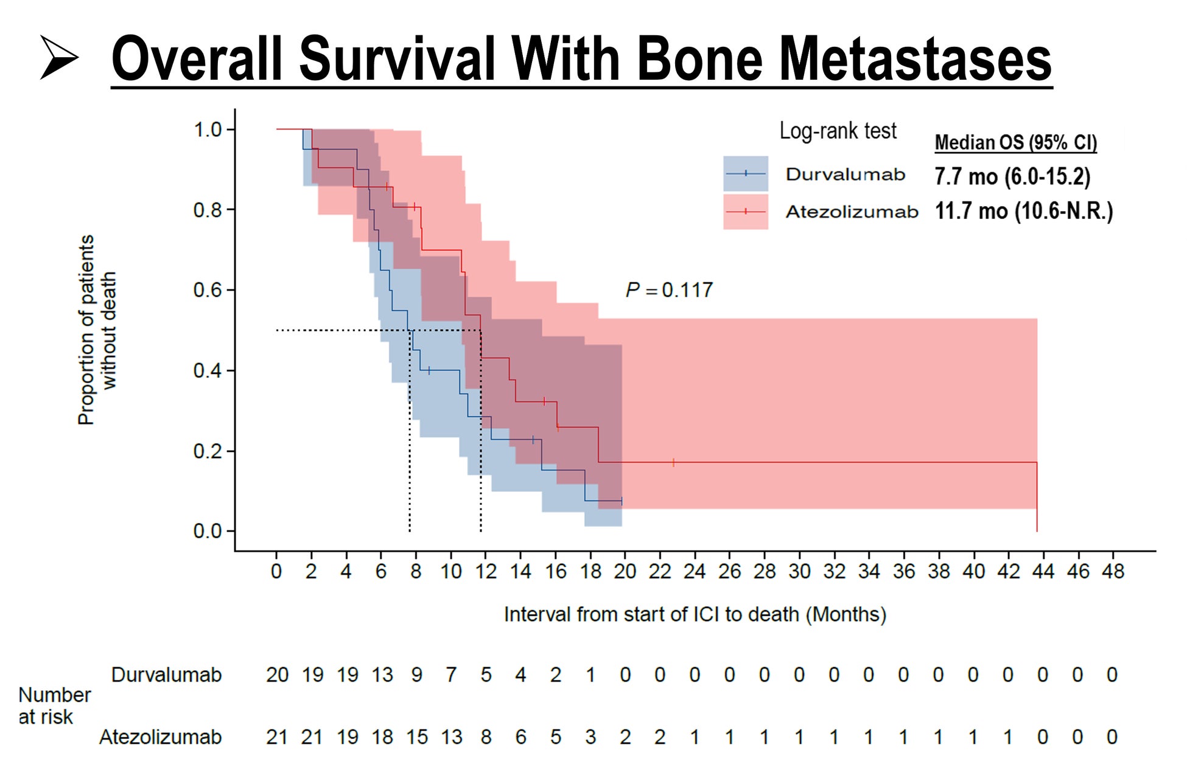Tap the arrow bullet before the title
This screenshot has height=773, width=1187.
pyautogui.click(x=59, y=57)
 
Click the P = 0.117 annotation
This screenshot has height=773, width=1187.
pyautogui.click(x=669, y=290)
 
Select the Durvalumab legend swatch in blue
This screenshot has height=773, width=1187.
pyautogui.click(x=745, y=174)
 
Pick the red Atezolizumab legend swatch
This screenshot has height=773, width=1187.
pyautogui.click(x=745, y=212)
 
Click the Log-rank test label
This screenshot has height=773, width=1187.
pyautogui.click(x=838, y=131)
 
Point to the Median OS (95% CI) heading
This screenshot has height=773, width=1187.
pyautogui.click(x=1015, y=142)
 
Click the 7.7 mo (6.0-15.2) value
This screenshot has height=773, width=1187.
pyautogui.click(x=1012, y=176)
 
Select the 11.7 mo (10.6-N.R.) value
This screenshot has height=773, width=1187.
pyautogui.click(x=1023, y=211)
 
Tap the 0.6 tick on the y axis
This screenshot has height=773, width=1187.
pyautogui.click(x=208, y=290)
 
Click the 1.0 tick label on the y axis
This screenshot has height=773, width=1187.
pyautogui.click(x=208, y=130)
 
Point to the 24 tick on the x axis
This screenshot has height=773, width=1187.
pyautogui.click(x=695, y=572)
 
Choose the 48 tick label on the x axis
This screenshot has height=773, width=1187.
pyautogui.click(x=1113, y=572)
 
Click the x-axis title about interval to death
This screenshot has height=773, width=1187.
pyautogui.click(x=695, y=614)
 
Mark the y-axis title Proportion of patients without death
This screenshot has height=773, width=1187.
pyautogui.click(x=96, y=330)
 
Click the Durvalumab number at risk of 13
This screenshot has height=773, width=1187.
pyautogui.click(x=382, y=675)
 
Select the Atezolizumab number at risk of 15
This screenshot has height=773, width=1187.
pyautogui.click(x=417, y=737)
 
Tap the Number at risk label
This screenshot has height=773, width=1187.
pyautogui.click(x=54, y=705)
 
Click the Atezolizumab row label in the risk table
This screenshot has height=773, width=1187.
pyautogui.click(x=160, y=737)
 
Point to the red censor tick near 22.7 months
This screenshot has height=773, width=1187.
pyautogui.click(x=673, y=463)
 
